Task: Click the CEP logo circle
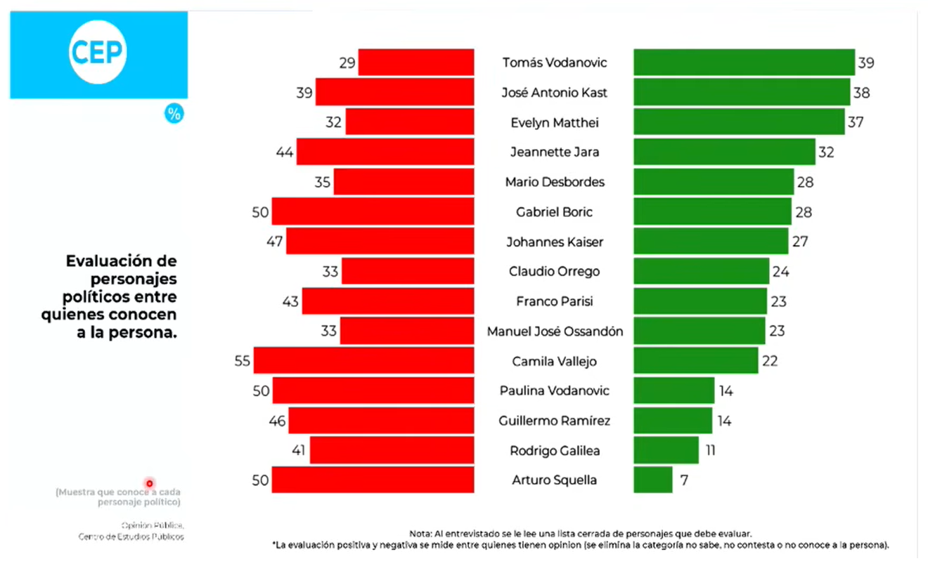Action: (x=98, y=53)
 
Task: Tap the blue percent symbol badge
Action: (x=174, y=114)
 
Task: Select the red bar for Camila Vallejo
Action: (x=363, y=361)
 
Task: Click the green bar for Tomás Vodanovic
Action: (x=744, y=63)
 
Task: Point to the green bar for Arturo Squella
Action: (x=652, y=480)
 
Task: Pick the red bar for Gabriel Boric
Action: (x=373, y=211)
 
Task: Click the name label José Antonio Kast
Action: (x=554, y=93)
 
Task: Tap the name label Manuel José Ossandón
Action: (x=555, y=332)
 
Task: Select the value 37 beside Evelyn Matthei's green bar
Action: (x=855, y=122)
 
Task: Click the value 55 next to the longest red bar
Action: (x=243, y=361)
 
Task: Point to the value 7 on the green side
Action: (x=683, y=480)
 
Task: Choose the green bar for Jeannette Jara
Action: (x=724, y=152)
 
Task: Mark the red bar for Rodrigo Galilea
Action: (x=392, y=450)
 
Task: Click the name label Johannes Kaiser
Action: (x=555, y=242)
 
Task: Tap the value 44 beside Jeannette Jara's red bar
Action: (x=285, y=152)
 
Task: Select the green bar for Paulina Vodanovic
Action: (x=674, y=390)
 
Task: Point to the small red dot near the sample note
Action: (x=149, y=483)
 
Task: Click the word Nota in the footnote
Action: (x=419, y=534)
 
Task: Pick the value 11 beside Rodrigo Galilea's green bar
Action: (x=710, y=450)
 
